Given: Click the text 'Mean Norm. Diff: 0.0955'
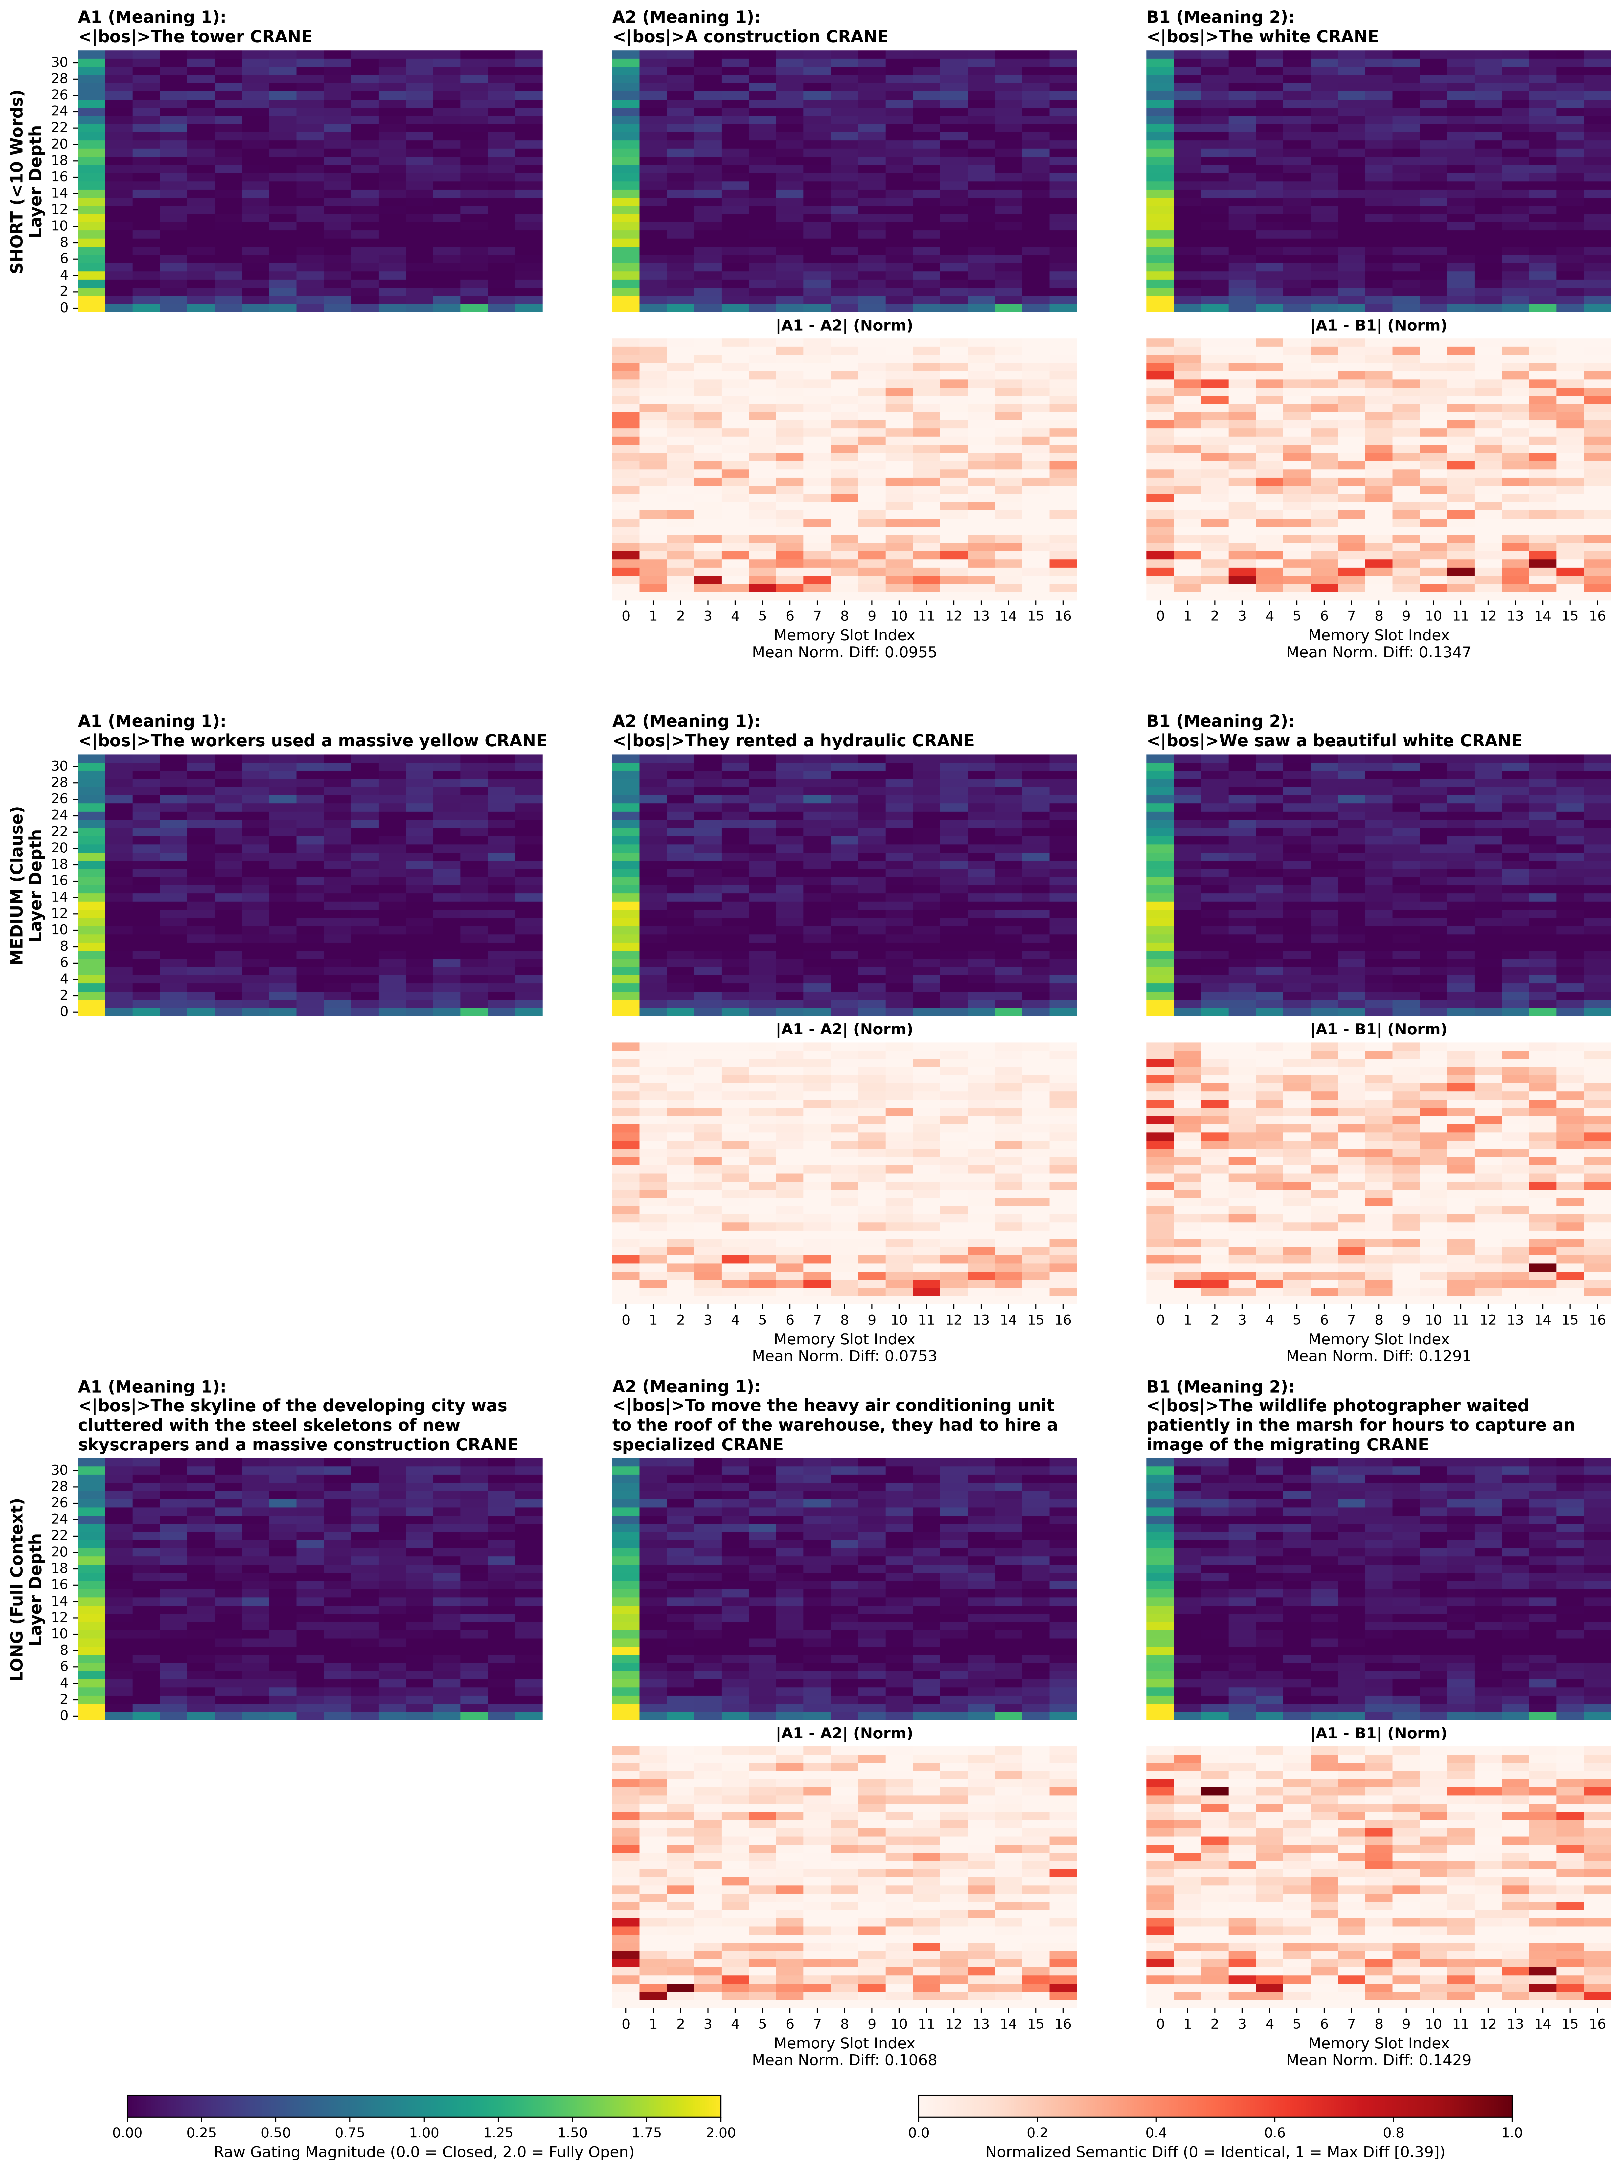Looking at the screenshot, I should click(844, 652).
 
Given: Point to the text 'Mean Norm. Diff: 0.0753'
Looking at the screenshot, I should click(844, 1356).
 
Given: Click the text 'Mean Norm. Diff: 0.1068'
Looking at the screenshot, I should click(844, 2060).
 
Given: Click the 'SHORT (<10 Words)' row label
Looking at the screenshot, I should click(18, 181).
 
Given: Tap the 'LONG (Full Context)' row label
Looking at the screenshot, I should click(18, 1589).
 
